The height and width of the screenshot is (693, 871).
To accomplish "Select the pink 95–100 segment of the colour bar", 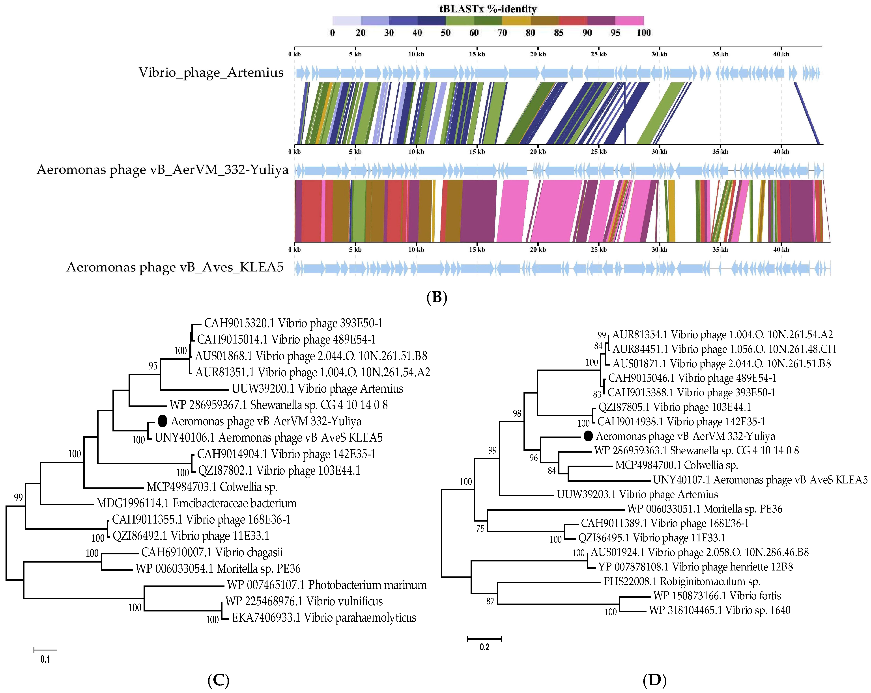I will click(x=629, y=20).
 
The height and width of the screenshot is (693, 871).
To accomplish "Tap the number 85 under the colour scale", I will click(x=559, y=33).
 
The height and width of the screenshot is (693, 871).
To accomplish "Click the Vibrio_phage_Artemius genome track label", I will click(x=211, y=73).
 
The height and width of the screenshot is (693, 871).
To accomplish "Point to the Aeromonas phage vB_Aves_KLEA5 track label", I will click(x=175, y=267).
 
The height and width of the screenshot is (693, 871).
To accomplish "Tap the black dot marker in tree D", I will click(x=588, y=436).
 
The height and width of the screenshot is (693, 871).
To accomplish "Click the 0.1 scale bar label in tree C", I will click(x=45, y=660).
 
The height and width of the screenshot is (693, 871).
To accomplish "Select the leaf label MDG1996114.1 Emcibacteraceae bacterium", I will click(x=196, y=503).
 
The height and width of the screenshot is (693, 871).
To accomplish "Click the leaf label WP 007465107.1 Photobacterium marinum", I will click(x=326, y=585).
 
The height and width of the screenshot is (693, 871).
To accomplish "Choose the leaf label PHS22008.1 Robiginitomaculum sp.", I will click(x=682, y=582).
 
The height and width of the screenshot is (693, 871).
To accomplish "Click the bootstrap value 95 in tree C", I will click(x=153, y=366).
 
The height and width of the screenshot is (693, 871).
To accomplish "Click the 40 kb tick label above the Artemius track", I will click(x=781, y=54).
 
